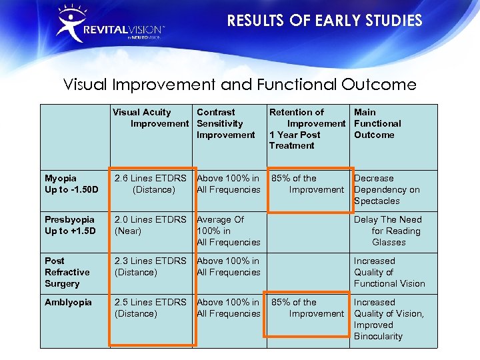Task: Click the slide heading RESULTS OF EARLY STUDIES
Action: tap(324, 21)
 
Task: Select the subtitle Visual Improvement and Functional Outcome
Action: tap(239, 85)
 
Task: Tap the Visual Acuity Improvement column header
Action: tap(151, 118)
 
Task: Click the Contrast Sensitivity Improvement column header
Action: tap(225, 123)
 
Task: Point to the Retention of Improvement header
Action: tap(307, 129)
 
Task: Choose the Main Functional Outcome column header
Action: tap(377, 123)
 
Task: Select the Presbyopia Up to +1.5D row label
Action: tap(70, 225)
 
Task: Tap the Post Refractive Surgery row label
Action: tap(67, 272)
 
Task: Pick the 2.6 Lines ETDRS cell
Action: tap(151, 184)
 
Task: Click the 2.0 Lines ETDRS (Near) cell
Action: tap(151, 225)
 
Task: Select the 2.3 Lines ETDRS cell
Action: tap(151, 267)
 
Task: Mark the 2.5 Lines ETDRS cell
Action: tap(151, 308)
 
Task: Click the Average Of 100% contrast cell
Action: tap(228, 231)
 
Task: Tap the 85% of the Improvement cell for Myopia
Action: tap(307, 184)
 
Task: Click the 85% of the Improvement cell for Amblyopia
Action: tap(307, 308)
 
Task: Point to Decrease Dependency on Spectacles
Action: tap(387, 189)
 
